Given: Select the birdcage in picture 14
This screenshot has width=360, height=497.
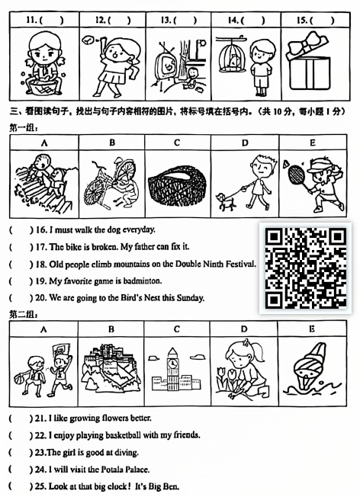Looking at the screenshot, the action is click(x=228, y=55).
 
